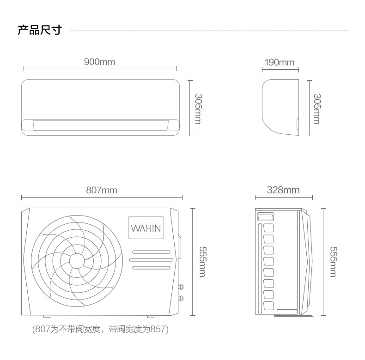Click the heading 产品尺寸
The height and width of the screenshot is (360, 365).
(x=40, y=30)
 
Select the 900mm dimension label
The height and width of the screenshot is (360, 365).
(x=99, y=62)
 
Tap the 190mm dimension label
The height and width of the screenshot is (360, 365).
(x=279, y=62)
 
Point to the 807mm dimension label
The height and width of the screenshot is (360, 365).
(x=102, y=190)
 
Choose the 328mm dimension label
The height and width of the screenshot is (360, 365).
(x=283, y=190)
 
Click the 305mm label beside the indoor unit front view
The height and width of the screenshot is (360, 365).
(x=198, y=109)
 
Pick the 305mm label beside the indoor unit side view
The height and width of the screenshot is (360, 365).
(x=317, y=109)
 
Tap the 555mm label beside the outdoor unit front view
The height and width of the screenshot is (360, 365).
(x=202, y=262)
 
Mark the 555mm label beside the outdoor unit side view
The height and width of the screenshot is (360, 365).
(x=333, y=262)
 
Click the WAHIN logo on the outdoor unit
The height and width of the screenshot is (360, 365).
(x=146, y=228)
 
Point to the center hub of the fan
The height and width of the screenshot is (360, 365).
(x=77, y=261)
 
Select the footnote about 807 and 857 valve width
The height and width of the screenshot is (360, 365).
(x=100, y=329)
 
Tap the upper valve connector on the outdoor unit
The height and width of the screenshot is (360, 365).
(x=181, y=287)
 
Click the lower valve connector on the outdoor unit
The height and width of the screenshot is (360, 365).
(x=181, y=298)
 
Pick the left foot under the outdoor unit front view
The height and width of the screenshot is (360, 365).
(x=47, y=316)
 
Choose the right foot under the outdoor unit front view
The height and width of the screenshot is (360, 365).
(x=151, y=316)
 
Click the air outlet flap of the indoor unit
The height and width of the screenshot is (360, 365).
(x=101, y=126)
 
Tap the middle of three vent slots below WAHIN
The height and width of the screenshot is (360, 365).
(x=151, y=260)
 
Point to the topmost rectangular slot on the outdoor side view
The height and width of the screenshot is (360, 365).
(x=266, y=217)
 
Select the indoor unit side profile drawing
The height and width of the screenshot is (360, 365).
(x=280, y=107)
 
